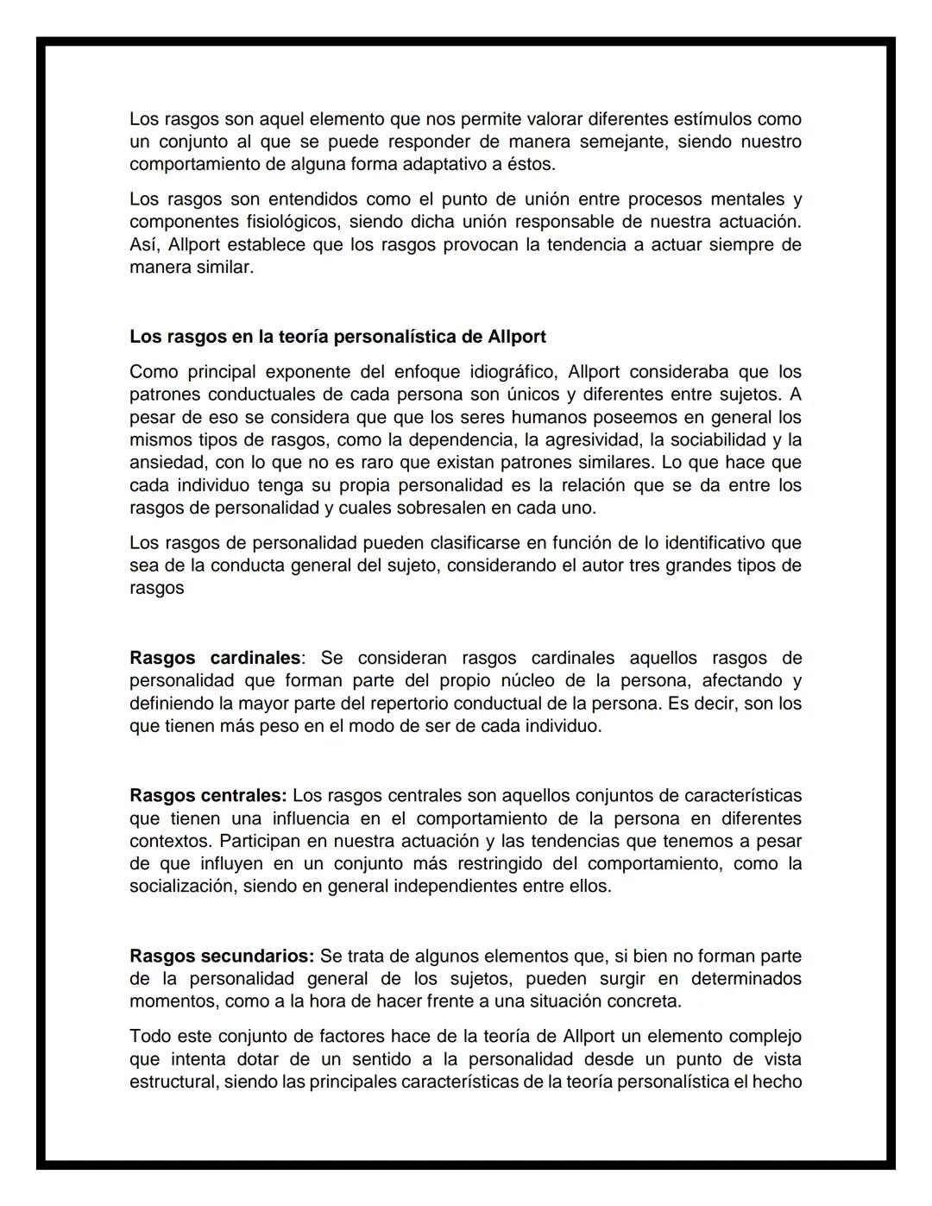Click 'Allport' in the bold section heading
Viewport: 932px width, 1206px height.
coord(516,337)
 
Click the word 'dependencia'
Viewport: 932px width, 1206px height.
coord(453,440)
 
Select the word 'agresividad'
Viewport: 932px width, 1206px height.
coord(587,440)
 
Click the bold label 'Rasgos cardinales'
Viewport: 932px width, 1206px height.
coord(215,658)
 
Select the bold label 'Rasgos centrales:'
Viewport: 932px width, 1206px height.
coord(208,795)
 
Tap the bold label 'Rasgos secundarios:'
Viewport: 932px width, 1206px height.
coord(222,957)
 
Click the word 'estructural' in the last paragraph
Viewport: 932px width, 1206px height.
coord(173,1083)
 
